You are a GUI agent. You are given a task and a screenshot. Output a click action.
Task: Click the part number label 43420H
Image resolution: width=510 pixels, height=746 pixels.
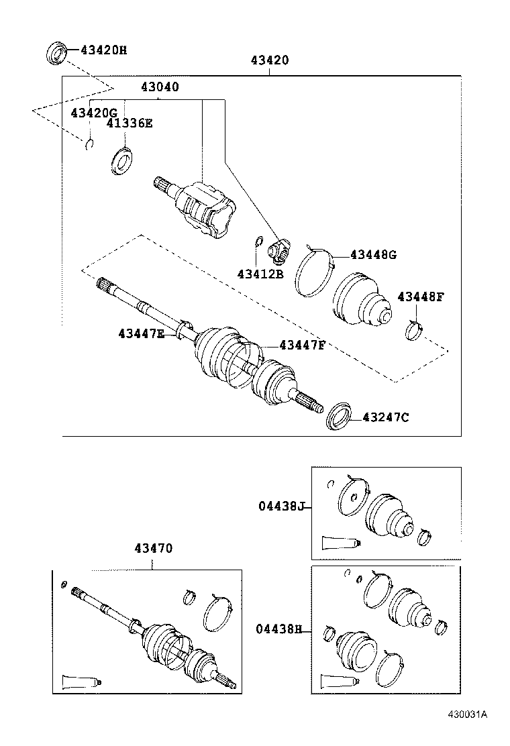coord(103,50)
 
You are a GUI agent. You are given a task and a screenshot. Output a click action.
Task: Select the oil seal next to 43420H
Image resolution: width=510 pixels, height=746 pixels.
coord(57,52)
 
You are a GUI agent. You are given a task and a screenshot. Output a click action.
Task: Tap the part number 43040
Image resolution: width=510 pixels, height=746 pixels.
coord(160,87)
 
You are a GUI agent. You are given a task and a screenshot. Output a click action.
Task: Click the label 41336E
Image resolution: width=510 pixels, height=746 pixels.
coord(130,123)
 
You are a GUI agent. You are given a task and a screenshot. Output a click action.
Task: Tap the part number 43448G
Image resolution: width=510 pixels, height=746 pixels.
coord(373,255)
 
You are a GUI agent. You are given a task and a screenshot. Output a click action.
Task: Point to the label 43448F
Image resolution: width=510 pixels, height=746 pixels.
coord(421,297)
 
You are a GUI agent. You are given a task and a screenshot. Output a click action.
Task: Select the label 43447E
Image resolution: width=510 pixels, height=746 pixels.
coord(141,333)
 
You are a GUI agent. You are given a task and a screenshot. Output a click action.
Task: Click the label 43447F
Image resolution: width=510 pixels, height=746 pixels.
coord(302,345)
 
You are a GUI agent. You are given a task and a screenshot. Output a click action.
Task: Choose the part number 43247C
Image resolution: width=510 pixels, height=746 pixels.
coord(386,417)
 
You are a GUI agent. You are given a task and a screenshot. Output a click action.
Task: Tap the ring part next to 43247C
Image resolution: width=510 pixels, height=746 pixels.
coord(339,415)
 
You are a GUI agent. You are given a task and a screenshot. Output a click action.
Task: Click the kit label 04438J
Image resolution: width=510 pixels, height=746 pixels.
coord(282,507)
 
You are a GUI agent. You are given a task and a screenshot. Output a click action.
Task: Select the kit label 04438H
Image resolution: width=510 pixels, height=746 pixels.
coord(279,629)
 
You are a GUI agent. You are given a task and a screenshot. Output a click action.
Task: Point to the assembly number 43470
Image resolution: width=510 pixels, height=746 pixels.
coord(153,548)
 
